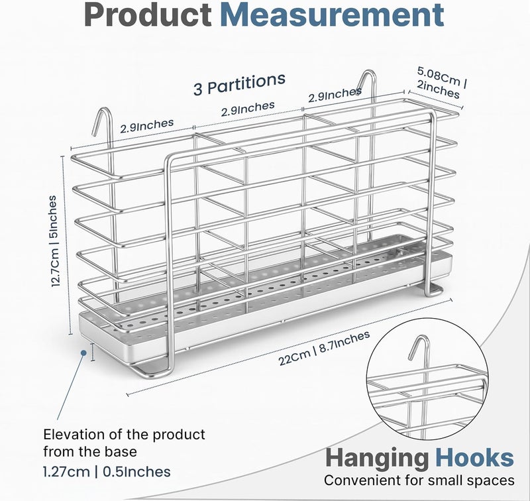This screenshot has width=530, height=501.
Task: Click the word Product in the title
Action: coord(148,15)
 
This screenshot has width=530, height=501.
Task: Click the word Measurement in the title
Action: coord(332,15)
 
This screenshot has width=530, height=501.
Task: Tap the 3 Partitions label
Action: coord(240,84)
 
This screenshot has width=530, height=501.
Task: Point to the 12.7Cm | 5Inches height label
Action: coord(54,241)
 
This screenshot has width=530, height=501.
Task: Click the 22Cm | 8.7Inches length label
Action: coord(324,348)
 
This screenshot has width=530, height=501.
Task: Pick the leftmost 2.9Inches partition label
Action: coord(146,126)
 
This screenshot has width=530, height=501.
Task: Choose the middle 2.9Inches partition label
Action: coord(248,109)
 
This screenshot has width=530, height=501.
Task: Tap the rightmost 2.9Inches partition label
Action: coord(335,95)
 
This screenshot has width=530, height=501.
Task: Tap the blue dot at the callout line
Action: coord(83,353)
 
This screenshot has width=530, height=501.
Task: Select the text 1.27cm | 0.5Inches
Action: coord(107,472)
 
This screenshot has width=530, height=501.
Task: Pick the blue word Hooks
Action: coord(474,458)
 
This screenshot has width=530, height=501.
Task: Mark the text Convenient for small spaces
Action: coord(419,480)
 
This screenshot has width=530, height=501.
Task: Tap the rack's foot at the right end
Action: coord(434,291)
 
